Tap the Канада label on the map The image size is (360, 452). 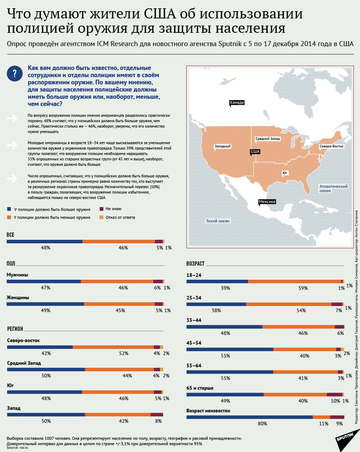[x=238, y=103]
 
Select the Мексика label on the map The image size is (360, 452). [x=268, y=203]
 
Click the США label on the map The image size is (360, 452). [x=255, y=152]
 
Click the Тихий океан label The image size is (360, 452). [x=218, y=221]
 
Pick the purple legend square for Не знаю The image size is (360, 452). [x=100, y=209]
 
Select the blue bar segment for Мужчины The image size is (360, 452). [x=43, y=281]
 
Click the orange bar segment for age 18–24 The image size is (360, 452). [x=294, y=281]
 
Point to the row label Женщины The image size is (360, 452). [x=18, y=297]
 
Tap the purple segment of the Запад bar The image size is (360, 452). [x=157, y=415]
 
